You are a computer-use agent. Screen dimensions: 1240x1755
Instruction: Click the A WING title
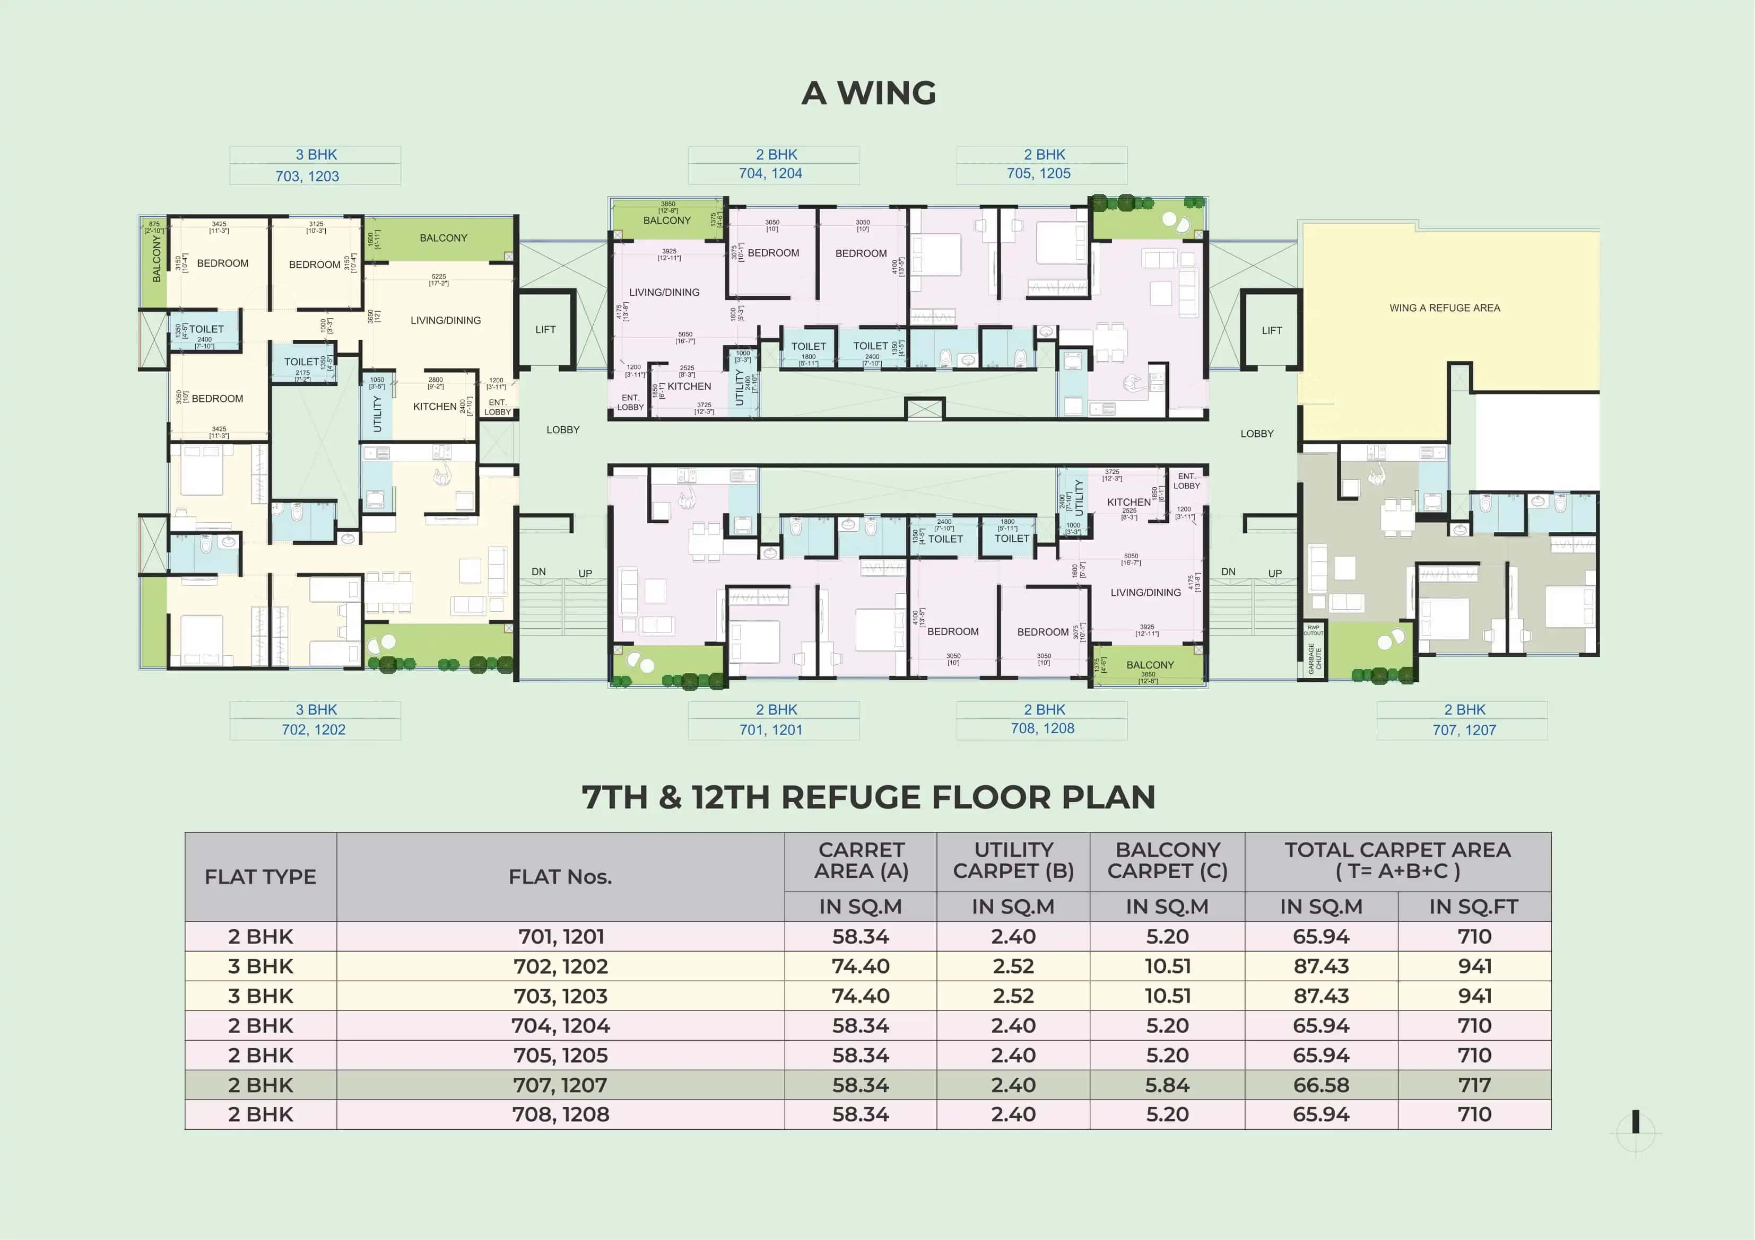click(x=868, y=93)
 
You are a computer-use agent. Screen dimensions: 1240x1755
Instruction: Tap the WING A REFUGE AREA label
click(x=1444, y=308)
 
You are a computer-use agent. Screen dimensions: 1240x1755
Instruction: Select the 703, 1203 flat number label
click(x=307, y=177)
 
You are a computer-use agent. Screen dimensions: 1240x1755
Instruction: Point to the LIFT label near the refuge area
click(x=1271, y=331)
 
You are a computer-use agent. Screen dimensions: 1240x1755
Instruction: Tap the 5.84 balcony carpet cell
click(x=1167, y=1085)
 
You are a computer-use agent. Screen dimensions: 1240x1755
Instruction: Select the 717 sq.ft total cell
click(x=1474, y=1085)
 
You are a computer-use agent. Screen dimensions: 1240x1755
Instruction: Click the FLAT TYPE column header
click(x=260, y=877)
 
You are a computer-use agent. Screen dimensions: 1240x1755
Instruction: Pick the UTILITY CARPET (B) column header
click(x=1013, y=860)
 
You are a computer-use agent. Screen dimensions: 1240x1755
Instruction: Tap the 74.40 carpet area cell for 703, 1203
click(x=860, y=996)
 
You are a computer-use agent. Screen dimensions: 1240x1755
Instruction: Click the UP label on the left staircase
click(x=585, y=573)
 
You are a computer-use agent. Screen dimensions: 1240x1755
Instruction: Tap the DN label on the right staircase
click(x=1228, y=571)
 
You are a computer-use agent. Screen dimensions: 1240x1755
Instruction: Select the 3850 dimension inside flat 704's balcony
click(x=667, y=205)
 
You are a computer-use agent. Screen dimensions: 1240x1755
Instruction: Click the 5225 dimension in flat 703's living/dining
click(x=438, y=277)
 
